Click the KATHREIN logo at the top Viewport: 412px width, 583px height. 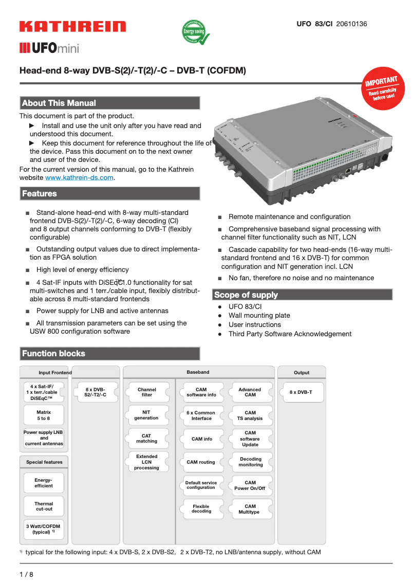pyautogui.click(x=72, y=27)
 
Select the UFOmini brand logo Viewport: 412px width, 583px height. pyautogui.click(x=49, y=48)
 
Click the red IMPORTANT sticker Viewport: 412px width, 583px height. pyautogui.click(x=382, y=87)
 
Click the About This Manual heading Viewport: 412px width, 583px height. pyautogui.click(x=109, y=103)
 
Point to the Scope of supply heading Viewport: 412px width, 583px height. pyautogui.click(x=302, y=295)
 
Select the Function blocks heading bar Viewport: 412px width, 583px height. pyautogui.click(x=109, y=353)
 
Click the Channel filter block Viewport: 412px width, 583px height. pyautogui.click(x=147, y=392)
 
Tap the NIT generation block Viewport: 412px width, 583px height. pyautogui.click(x=147, y=415)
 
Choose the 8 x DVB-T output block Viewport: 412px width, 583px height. pyautogui.click(x=301, y=392)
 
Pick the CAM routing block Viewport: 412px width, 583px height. pyautogui.click(x=201, y=462)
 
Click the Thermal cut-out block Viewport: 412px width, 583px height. pyautogui.click(x=44, y=506)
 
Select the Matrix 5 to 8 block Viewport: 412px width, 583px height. pyautogui.click(x=44, y=415)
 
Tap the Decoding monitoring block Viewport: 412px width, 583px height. pyautogui.click(x=251, y=462)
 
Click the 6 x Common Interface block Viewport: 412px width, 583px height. pyautogui.click(x=201, y=415)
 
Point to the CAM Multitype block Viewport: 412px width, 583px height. pyautogui.click(x=249, y=509)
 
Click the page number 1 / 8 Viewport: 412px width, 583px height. pyautogui.click(x=26, y=574)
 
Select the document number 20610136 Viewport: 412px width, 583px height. pyautogui.click(x=351, y=24)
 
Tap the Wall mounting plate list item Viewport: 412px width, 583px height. pyautogui.click(x=259, y=316)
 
